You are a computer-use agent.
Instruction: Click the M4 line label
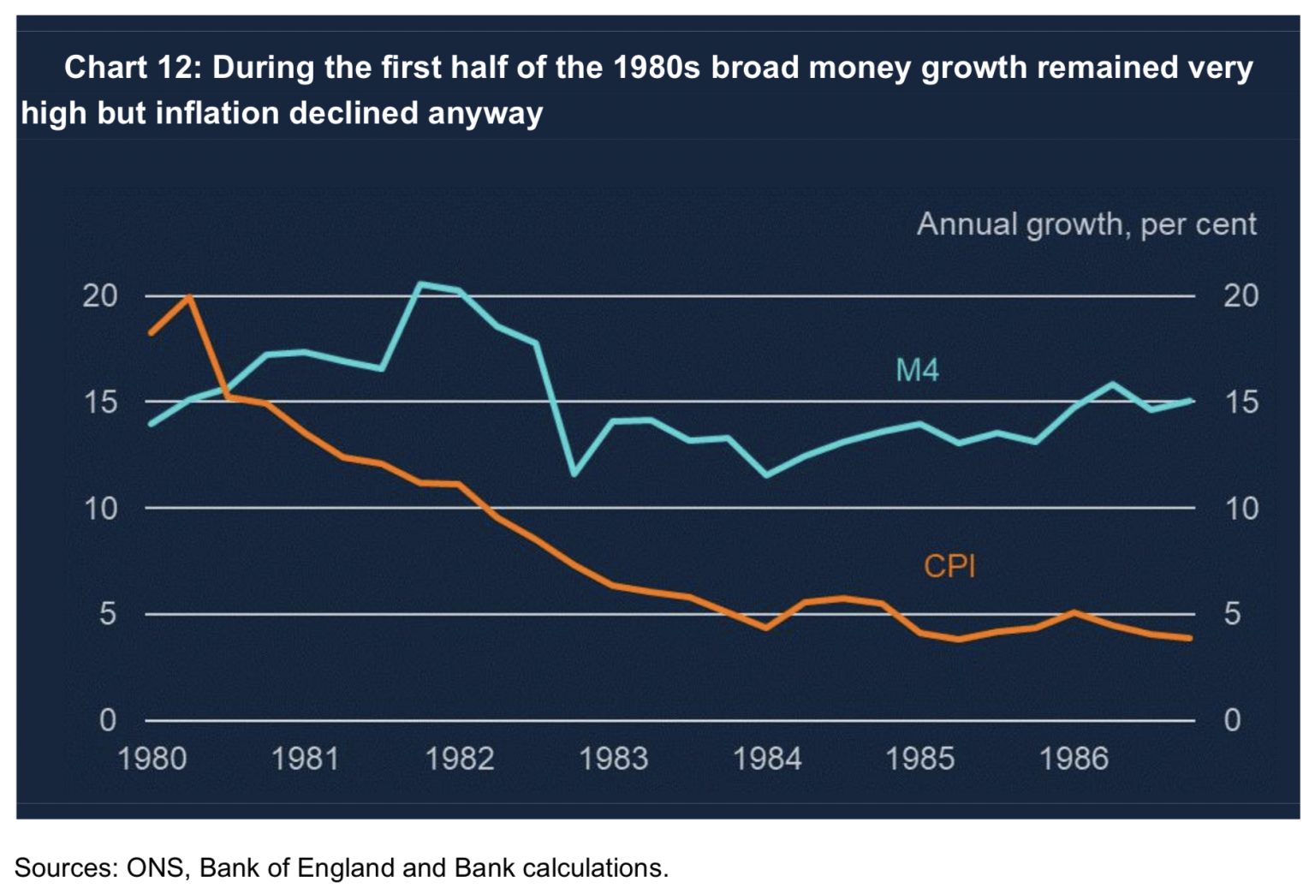917,370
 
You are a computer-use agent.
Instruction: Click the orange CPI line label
949,566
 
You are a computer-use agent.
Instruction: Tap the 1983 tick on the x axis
613,759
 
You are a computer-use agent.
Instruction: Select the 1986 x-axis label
1074,759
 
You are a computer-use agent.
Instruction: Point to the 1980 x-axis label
152,759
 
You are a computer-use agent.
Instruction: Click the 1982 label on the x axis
460,759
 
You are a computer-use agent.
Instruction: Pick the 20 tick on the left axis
100,296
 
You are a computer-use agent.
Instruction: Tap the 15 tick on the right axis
1241,402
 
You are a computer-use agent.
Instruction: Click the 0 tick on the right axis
1232,720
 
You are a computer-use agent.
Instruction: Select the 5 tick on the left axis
107,614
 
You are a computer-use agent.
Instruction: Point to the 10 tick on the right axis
1241,509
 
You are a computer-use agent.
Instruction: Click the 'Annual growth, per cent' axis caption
1086,224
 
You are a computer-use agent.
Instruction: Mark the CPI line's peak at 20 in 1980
189,296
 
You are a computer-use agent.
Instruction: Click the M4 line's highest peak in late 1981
419,283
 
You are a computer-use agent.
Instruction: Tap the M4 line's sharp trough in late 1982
574,474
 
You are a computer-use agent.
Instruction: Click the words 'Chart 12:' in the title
132,67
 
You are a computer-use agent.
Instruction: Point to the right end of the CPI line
1189,638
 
